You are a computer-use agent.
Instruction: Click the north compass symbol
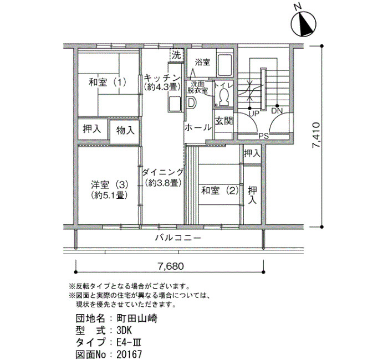[x=303, y=24]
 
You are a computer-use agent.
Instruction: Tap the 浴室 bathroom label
[x=202, y=62]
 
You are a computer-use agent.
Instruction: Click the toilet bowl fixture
[x=224, y=97]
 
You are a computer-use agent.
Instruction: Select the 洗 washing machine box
[x=177, y=55]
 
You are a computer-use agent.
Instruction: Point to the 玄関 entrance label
[x=224, y=121]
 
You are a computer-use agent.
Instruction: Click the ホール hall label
[x=198, y=127]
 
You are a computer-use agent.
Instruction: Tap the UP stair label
[x=254, y=114]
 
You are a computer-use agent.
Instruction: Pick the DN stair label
[x=277, y=111]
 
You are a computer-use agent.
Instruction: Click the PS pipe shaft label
[x=263, y=136]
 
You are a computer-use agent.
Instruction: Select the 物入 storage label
[x=125, y=130]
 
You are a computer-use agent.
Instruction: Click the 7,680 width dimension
[x=171, y=266]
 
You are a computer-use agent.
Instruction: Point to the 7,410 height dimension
[x=316, y=135]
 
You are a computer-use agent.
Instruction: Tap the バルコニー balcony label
[x=178, y=238]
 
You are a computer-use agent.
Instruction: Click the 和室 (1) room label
[x=108, y=82]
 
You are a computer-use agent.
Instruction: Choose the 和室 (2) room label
[x=220, y=191]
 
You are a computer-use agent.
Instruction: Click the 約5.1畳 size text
[x=109, y=196]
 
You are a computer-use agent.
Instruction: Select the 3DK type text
[x=124, y=331]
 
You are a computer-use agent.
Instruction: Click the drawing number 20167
[x=129, y=354]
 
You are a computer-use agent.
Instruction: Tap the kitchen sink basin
[x=175, y=104]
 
